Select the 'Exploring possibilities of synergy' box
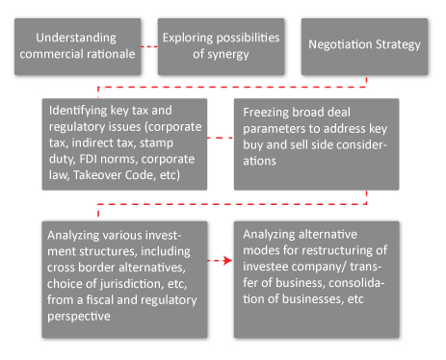point(221,45)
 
